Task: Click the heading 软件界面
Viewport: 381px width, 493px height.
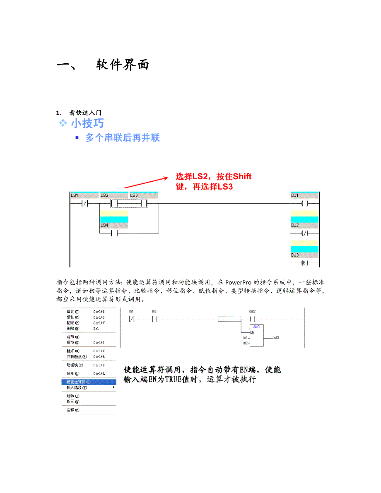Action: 123,65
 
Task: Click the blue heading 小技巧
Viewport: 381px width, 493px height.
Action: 87,123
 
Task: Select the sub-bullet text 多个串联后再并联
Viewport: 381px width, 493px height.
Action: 123,138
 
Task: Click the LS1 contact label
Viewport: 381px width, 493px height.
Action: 75,195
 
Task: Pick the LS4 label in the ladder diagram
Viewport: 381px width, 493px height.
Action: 104,225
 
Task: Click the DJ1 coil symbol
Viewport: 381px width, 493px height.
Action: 304,203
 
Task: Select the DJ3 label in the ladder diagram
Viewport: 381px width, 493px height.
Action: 295,255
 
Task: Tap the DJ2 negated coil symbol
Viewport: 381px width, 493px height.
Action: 304,233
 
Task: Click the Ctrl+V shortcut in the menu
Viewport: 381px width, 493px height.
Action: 99,322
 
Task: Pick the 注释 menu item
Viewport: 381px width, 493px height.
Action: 73,410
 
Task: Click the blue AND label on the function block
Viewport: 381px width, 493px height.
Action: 256,327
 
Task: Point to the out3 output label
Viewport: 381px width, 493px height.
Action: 275,338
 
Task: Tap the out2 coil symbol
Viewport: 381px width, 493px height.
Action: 252,319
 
